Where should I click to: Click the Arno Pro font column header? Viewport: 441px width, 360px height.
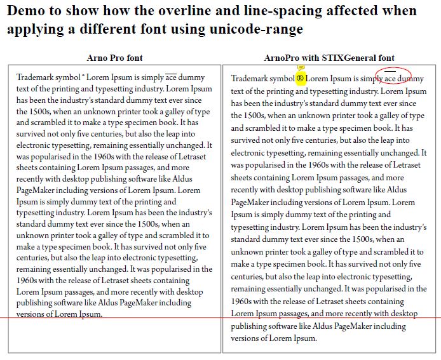coord(114,58)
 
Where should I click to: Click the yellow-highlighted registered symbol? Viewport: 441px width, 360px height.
coord(301,79)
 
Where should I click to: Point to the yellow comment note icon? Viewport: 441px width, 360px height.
coord(301,67)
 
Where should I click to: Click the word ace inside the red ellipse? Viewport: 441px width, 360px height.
coord(390,79)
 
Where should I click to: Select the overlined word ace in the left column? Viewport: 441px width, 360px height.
coord(171,77)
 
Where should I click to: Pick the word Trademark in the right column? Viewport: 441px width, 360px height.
coord(250,79)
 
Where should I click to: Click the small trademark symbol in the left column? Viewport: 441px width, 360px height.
coord(83,76)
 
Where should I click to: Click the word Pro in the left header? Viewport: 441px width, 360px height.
coord(116,58)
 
